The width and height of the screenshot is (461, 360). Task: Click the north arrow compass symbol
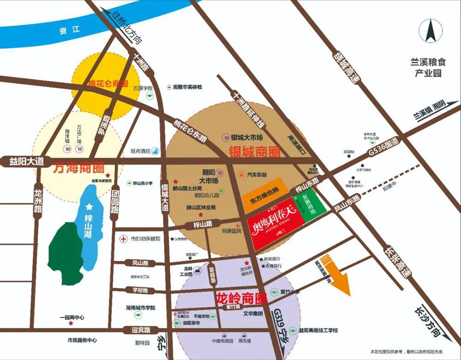pos(430,32)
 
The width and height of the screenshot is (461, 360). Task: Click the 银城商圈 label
pos(254,151)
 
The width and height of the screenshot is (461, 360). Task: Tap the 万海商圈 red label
pos(78,167)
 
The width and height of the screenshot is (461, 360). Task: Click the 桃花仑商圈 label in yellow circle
pos(107,84)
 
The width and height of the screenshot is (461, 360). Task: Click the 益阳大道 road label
pos(26,161)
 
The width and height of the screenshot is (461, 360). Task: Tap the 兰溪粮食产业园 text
pos(426,67)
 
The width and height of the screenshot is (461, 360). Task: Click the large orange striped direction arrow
pos(337,275)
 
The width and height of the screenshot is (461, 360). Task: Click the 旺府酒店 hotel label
pos(141,151)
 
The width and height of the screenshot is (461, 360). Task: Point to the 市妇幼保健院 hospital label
pos(145,239)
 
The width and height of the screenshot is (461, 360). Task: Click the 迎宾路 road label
pos(141,330)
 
